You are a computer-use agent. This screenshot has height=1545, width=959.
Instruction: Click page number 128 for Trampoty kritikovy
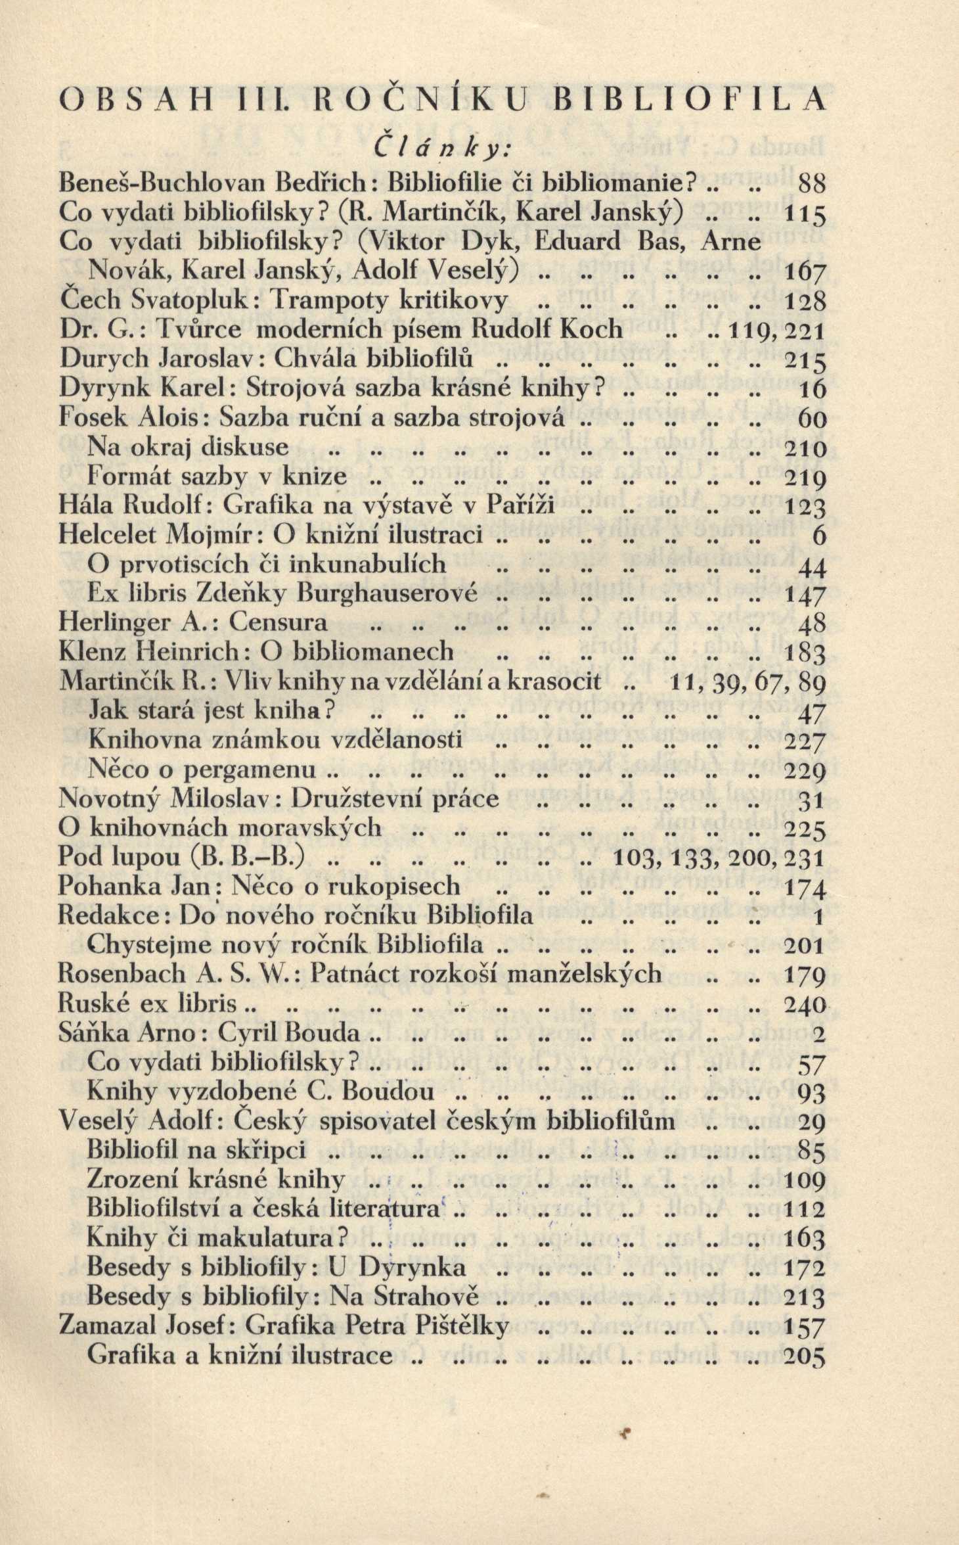click(805, 302)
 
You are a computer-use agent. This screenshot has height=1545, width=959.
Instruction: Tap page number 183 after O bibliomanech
click(805, 653)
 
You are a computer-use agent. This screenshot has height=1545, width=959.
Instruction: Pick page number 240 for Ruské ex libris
click(805, 1004)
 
